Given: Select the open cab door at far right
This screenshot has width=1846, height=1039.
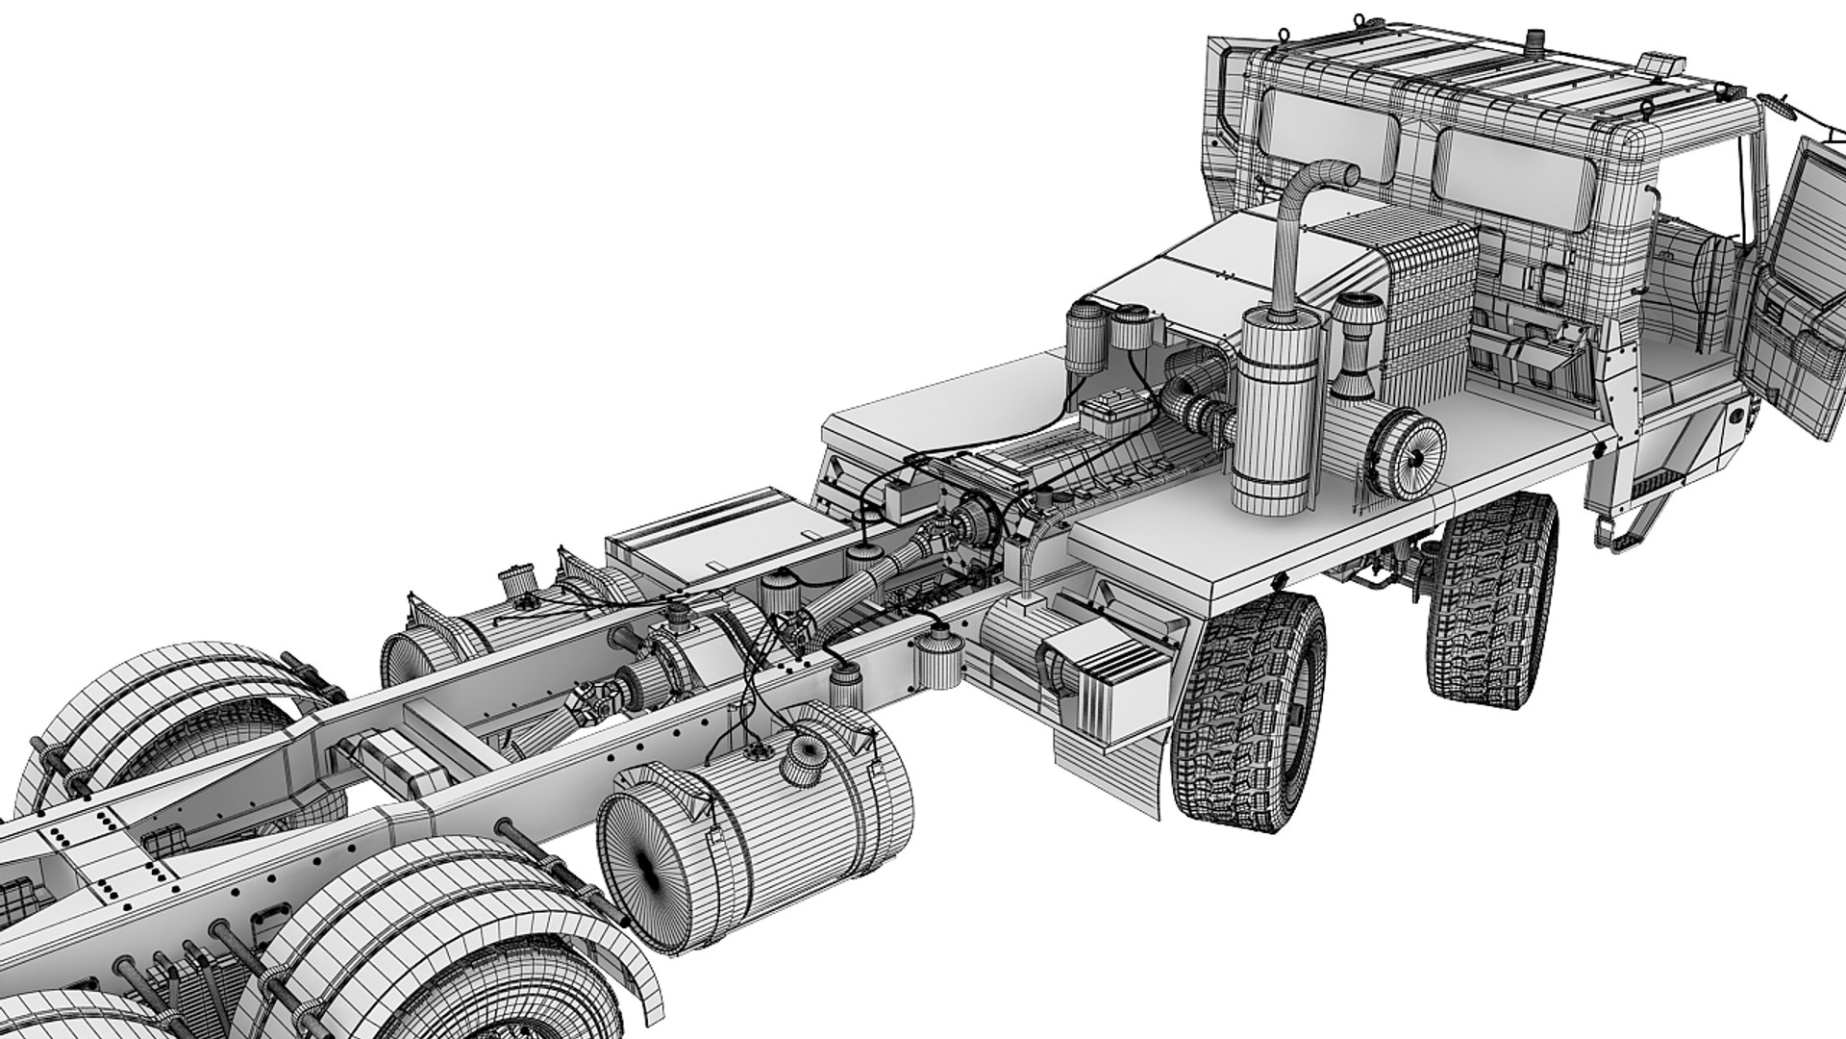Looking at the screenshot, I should [x=1808, y=289].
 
